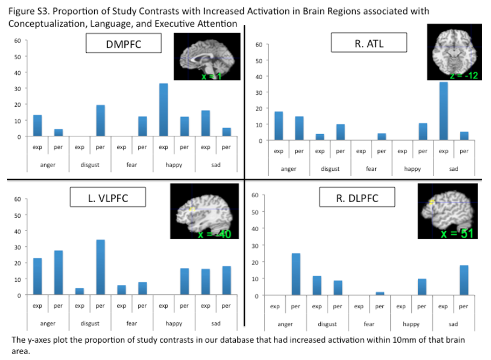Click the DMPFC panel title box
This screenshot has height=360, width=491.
point(124,44)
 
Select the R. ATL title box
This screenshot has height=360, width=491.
point(369,44)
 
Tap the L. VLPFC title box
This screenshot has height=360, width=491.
point(108,198)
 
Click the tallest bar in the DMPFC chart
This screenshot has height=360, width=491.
point(163,110)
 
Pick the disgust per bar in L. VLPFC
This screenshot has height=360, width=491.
point(100,267)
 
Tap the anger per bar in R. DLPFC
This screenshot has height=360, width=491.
point(296,274)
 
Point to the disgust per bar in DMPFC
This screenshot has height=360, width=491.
point(100,121)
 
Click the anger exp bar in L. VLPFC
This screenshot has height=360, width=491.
point(37,276)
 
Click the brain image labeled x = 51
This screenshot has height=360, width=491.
point(447,211)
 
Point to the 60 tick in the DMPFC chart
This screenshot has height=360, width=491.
point(17,40)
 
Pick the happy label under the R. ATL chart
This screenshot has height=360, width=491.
point(412,169)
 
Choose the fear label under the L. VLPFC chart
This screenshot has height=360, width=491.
point(131,323)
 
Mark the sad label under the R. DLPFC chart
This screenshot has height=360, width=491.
point(453,324)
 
